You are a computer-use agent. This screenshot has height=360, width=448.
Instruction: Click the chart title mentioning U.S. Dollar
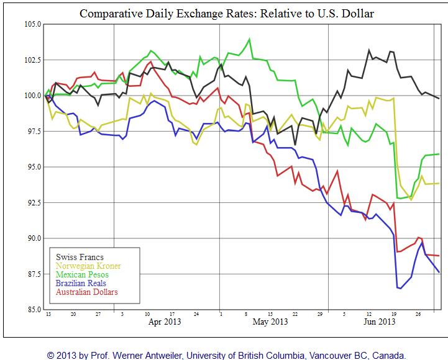tap(226, 12)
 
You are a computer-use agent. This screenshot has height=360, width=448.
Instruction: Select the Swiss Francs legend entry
tap(80, 257)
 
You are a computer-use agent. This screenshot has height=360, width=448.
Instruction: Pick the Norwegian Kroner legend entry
tap(88, 266)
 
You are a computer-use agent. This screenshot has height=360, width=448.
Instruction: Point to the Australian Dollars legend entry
tap(87, 292)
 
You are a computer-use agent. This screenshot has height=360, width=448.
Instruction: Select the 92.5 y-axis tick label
tap(32, 202)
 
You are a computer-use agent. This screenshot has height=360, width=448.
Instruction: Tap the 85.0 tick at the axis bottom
tap(32, 309)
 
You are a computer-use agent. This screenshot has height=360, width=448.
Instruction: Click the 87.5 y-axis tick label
tap(32, 274)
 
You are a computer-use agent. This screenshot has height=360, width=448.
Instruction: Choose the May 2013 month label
tap(270, 322)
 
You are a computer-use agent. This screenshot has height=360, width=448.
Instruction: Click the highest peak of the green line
tap(249, 39)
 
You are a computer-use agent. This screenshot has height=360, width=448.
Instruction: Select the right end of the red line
tap(439, 256)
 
